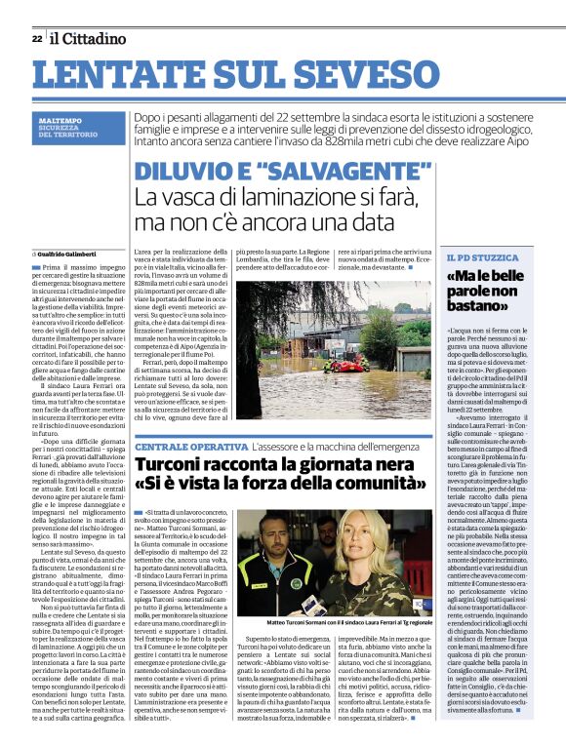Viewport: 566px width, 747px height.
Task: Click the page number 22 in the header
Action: point(36,38)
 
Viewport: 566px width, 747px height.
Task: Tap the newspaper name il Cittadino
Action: point(89,38)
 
